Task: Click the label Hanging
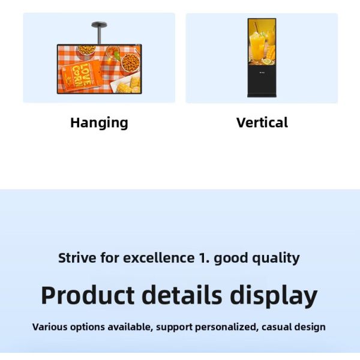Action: tap(99, 123)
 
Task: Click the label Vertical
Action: tap(262, 123)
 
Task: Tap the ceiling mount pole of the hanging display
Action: tap(98, 33)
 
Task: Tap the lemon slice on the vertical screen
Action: tap(266, 61)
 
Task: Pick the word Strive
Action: tap(77, 259)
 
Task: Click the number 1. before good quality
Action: tap(204, 259)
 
